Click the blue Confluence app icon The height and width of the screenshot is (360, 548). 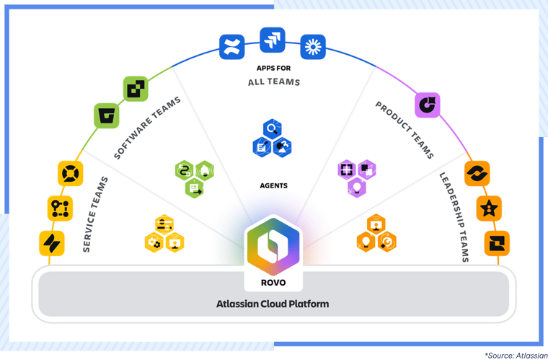click(232, 48)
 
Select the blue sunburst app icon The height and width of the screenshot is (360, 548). click(314, 47)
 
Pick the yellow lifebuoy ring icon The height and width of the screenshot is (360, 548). click(70, 173)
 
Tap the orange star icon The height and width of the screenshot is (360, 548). click(490, 209)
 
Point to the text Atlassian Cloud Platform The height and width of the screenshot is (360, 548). click(273, 304)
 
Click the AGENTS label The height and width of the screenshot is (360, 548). click(273, 185)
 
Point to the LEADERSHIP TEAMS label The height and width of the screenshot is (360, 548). click(454, 216)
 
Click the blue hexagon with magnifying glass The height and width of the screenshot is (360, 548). click(272, 129)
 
